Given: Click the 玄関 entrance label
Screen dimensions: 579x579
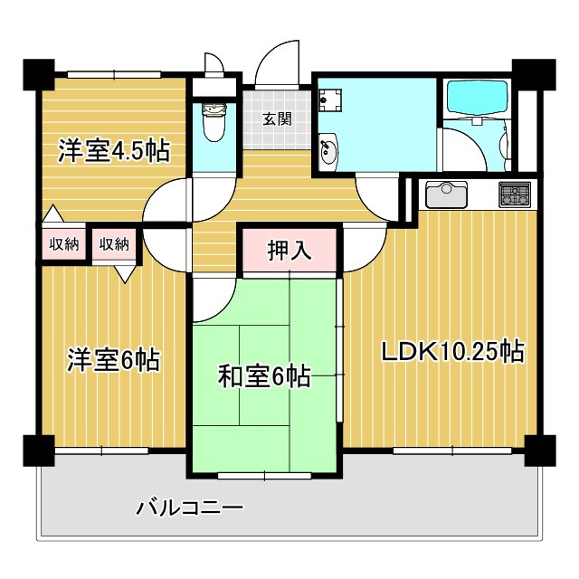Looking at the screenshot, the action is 277,119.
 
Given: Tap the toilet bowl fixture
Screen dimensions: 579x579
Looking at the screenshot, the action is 214,122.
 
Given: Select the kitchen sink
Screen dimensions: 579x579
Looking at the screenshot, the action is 446,195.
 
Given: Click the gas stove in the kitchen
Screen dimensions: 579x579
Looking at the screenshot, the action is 515,195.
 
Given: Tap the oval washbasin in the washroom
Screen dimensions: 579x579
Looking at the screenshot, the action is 328,149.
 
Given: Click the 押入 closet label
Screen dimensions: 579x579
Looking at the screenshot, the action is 289,251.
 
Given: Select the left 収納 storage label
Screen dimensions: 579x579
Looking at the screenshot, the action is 64,243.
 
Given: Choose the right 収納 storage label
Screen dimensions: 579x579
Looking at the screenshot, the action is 114,243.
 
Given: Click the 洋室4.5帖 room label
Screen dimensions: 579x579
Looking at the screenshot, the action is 114,151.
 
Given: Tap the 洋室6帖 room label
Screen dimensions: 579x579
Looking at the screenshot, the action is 114,360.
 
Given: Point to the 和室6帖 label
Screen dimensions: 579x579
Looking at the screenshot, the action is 264,376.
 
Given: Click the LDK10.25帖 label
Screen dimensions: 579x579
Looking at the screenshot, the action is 452,352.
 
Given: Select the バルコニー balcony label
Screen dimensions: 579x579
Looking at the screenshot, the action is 190,508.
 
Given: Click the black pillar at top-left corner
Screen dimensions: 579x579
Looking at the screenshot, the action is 39,74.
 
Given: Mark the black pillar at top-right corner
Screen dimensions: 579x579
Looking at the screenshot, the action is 534,74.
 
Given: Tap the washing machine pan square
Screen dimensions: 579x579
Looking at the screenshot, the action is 330,100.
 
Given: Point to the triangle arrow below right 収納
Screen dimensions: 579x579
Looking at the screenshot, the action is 125,274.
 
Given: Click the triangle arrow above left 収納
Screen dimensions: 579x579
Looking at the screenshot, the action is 53,214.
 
